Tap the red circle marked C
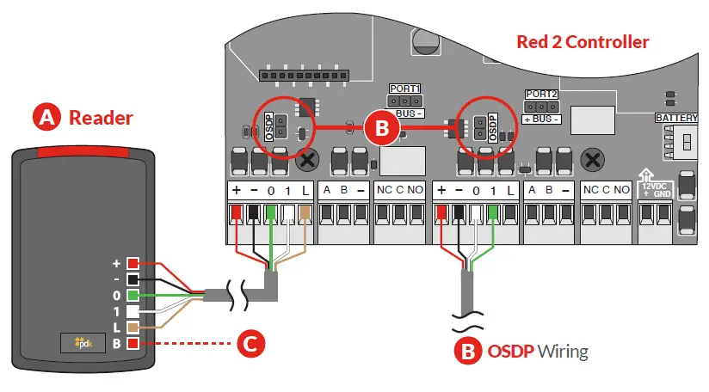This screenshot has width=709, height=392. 249,344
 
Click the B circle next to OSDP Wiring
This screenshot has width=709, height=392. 468,352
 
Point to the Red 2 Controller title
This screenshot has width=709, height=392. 583,41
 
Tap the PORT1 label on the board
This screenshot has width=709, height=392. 404,89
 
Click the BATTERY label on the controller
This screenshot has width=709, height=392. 676,118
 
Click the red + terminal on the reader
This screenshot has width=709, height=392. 133,263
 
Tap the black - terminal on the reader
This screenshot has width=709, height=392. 133,279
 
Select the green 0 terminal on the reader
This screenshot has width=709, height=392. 133,296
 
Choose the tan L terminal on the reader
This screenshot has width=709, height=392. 133,328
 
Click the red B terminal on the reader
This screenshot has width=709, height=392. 133,345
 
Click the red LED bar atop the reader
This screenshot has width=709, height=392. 83,152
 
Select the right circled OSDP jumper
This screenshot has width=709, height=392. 479,127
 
